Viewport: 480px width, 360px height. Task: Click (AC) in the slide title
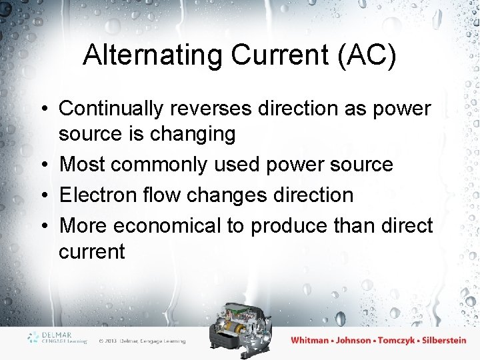tap(368, 56)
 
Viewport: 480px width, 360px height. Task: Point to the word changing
tap(193, 135)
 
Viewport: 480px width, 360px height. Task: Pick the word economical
tap(167, 225)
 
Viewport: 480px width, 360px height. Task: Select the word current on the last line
tap(91, 252)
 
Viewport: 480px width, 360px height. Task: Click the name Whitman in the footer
tap(309, 341)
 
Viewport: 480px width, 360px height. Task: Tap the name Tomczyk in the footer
tap(397, 341)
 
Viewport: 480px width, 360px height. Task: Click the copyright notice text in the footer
tap(142, 341)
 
